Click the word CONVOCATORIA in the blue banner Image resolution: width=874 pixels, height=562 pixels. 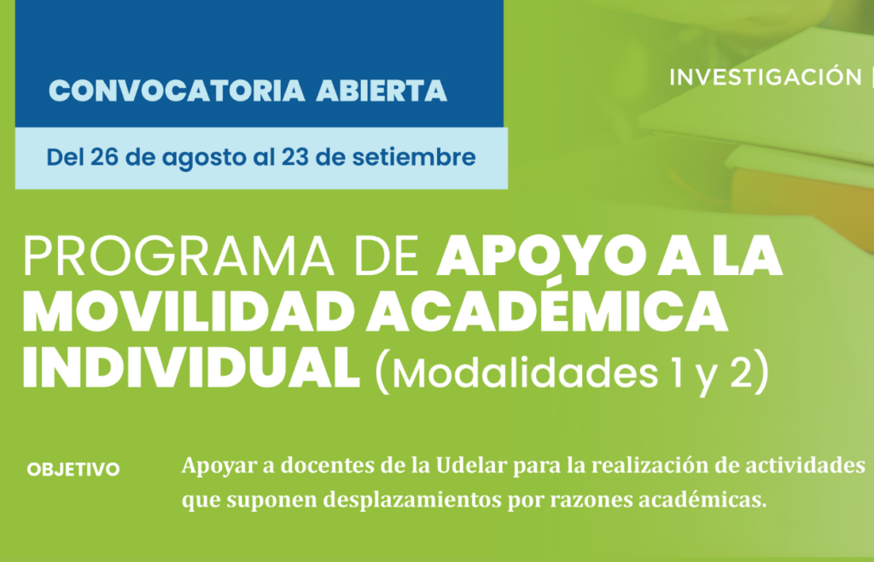[177, 91]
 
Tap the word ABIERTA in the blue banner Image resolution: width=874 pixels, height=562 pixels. [382, 91]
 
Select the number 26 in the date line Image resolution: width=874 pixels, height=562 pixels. [104, 157]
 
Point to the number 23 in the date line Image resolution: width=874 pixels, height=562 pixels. [294, 157]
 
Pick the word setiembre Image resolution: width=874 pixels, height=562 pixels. [414, 157]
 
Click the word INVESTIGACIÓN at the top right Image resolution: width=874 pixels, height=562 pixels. [766, 77]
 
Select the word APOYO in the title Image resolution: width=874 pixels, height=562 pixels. [541, 256]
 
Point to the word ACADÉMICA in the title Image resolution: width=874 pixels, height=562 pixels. [546, 311]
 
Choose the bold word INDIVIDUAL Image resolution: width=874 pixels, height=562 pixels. [190, 369]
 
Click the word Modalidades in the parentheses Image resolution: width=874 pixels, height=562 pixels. [525, 373]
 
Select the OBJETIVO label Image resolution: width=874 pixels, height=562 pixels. [73, 470]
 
